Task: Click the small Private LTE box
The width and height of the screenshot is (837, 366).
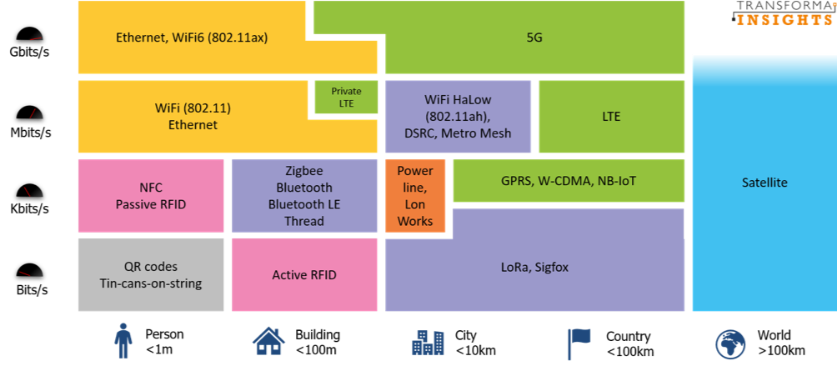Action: (x=346, y=97)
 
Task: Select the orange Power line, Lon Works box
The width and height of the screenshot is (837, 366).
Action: (x=415, y=196)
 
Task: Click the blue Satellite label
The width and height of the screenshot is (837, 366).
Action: (x=764, y=183)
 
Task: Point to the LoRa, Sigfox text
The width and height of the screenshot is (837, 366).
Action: (x=534, y=267)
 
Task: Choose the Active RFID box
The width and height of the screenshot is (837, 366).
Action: (x=304, y=274)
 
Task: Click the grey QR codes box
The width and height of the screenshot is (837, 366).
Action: (x=151, y=274)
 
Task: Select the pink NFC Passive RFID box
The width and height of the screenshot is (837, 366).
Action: (x=151, y=196)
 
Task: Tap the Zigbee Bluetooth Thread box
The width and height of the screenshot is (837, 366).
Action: (x=304, y=196)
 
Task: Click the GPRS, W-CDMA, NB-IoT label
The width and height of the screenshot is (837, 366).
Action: (x=569, y=180)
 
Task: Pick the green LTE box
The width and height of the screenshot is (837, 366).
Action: (x=611, y=117)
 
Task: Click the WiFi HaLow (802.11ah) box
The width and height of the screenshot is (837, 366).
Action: (x=458, y=117)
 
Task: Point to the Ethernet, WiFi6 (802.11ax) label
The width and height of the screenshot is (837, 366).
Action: (x=192, y=38)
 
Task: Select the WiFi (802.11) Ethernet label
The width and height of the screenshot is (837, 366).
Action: (x=186, y=117)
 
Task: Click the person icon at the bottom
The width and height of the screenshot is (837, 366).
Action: (x=123, y=340)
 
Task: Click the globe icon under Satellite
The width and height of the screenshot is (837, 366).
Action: (x=730, y=343)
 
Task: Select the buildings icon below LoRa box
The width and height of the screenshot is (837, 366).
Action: (x=428, y=341)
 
